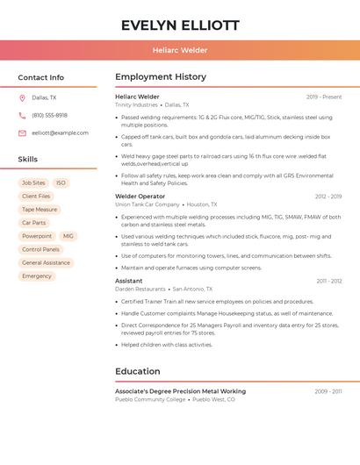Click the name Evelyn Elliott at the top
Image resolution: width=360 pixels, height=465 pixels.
(180, 25)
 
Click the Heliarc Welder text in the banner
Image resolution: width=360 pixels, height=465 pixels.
(180, 50)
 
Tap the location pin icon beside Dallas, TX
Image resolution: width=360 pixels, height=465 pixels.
(23, 98)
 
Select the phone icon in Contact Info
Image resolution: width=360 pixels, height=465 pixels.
(23, 116)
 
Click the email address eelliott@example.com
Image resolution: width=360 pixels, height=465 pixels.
(60, 133)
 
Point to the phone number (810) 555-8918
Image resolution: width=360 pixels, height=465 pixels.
(49, 116)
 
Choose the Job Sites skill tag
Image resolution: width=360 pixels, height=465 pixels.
(32, 183)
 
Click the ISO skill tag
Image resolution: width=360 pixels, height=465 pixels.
(61, 183)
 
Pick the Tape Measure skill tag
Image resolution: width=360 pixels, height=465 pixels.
(40, 210)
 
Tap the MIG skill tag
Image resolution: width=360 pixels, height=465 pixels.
(68, 236)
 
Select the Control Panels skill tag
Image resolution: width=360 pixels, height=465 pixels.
(40, 249)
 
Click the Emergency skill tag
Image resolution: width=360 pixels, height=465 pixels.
(37, 275)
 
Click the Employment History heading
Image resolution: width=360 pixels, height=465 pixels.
(161, 77)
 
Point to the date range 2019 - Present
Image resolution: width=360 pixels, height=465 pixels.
(324, 97)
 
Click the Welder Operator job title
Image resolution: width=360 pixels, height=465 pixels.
(140, 197)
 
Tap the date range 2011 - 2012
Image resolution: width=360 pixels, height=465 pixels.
(329, 281)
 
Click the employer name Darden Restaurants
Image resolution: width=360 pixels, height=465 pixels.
(140, 289)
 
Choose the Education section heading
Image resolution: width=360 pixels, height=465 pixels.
(137, 371)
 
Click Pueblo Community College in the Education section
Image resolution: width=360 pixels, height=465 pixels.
(150, 399)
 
